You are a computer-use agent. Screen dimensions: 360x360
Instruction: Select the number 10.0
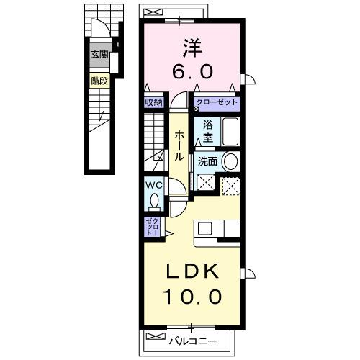[x=191, y=296]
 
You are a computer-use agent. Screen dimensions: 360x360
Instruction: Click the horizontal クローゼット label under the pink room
[x=217, y=102]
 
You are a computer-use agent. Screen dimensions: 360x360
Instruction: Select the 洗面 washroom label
[x=207, y=161]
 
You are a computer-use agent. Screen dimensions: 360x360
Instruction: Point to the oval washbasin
[x=230, y=161]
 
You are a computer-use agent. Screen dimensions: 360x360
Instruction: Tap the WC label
[x=153, y=185]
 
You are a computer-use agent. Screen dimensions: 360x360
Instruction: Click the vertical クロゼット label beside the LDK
[x=151, y=227]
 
